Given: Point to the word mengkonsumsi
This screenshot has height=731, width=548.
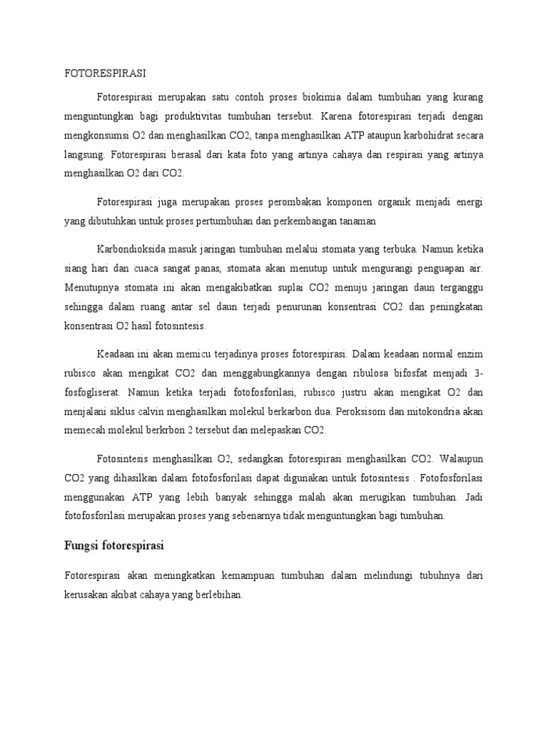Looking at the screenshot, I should tap(96, 134).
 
